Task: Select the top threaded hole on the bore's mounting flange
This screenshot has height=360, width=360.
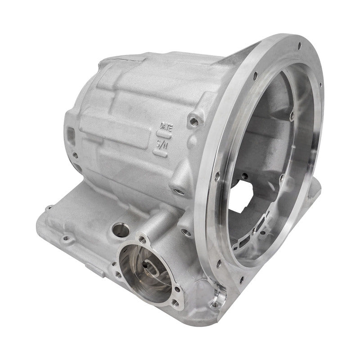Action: tap(143, 238)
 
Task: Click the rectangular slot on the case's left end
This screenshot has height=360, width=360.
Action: tap(71, 134)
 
